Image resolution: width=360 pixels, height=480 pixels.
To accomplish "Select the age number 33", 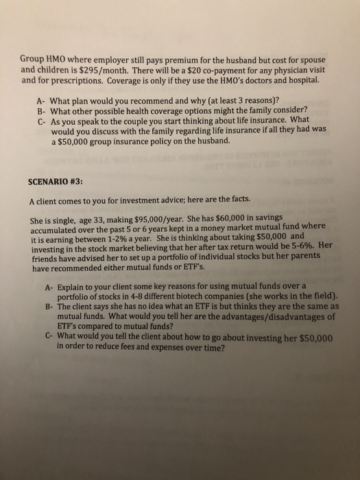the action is (105, 222).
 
